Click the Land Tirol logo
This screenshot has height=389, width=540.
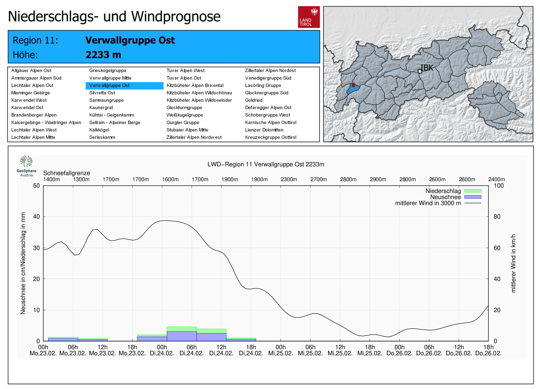308,17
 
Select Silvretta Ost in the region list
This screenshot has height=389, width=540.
102,93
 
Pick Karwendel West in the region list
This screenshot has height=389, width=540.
29,100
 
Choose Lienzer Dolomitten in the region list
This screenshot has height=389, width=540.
264,130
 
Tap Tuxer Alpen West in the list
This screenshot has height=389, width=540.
186,71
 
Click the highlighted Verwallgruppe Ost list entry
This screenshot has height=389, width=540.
110,85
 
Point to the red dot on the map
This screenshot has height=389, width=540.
353,85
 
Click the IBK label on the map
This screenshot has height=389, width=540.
427,68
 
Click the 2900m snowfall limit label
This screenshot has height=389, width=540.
378,179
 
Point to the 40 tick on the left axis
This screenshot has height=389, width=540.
36,217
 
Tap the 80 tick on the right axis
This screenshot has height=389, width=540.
497,217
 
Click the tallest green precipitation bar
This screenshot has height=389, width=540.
182,329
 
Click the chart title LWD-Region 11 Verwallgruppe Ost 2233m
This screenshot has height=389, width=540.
266,164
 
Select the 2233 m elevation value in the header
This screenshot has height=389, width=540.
103,55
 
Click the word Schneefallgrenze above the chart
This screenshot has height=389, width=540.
66,173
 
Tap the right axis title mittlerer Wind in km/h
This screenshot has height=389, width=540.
513,263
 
